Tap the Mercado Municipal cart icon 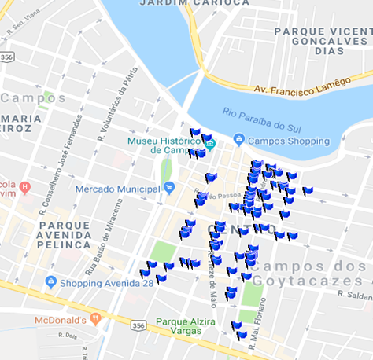tap(168, 188)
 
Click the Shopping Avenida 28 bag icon tap(50, 282)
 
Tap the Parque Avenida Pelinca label tap(65, 234)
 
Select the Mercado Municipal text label tap(117, 189)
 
